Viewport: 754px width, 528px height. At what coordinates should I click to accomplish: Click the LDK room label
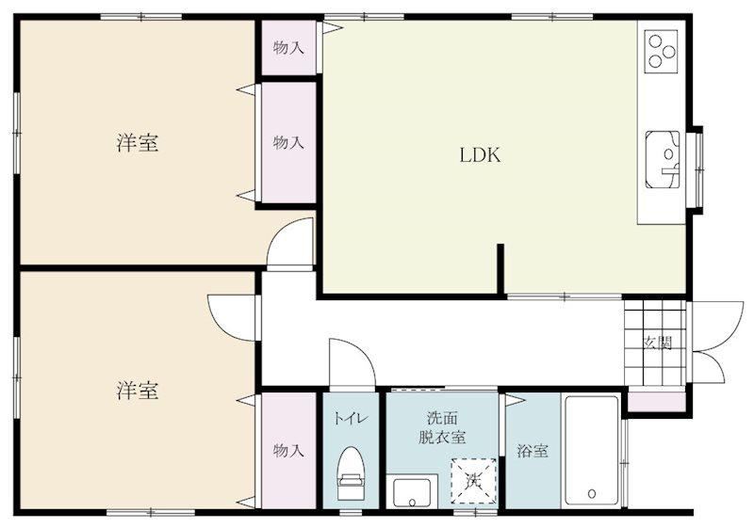480,155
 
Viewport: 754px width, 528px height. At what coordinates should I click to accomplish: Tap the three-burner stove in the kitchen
661,52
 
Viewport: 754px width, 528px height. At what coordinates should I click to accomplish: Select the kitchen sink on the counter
663,159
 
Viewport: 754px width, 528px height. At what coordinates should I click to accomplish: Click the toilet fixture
350,473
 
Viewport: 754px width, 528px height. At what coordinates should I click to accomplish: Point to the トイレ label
351,418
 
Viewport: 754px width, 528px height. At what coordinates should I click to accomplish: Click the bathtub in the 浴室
591,450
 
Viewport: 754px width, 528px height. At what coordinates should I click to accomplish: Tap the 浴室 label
532,451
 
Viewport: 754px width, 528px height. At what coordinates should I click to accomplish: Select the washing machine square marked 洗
474,481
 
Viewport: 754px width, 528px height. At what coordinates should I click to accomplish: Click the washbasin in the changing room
412,492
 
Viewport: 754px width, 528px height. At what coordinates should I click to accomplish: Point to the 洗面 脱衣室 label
442,427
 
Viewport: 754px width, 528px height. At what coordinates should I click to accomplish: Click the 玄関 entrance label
657,343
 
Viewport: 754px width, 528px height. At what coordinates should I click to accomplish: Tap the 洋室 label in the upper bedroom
137,142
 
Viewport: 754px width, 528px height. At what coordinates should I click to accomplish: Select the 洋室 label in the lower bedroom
137,391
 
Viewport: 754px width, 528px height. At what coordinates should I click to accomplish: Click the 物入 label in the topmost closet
288,47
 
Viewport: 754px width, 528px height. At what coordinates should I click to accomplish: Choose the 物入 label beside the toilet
288,450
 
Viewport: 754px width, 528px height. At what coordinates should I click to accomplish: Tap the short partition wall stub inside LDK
500,269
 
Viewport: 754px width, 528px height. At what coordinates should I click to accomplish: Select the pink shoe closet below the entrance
657,402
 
